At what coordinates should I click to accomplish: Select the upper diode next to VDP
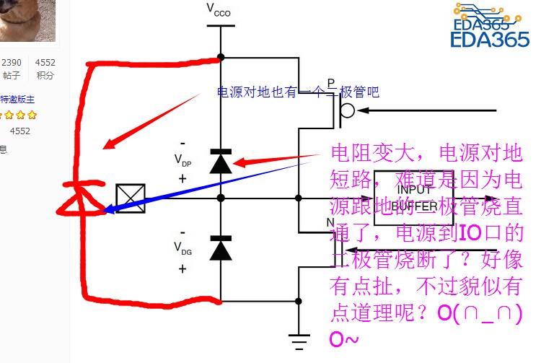221,162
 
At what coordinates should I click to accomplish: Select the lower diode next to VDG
221,248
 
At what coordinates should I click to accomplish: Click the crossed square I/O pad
131,198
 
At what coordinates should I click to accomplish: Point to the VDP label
184,160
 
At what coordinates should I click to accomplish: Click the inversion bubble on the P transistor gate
347,111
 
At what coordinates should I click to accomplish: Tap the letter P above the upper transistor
330,84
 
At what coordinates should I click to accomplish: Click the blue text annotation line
298,92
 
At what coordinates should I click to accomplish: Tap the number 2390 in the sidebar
12,63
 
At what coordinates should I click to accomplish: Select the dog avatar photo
27,19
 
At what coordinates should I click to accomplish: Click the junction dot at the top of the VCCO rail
221,57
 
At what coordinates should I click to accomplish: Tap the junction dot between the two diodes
221,198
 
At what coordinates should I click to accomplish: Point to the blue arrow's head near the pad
110,210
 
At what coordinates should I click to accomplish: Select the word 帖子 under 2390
12,75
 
